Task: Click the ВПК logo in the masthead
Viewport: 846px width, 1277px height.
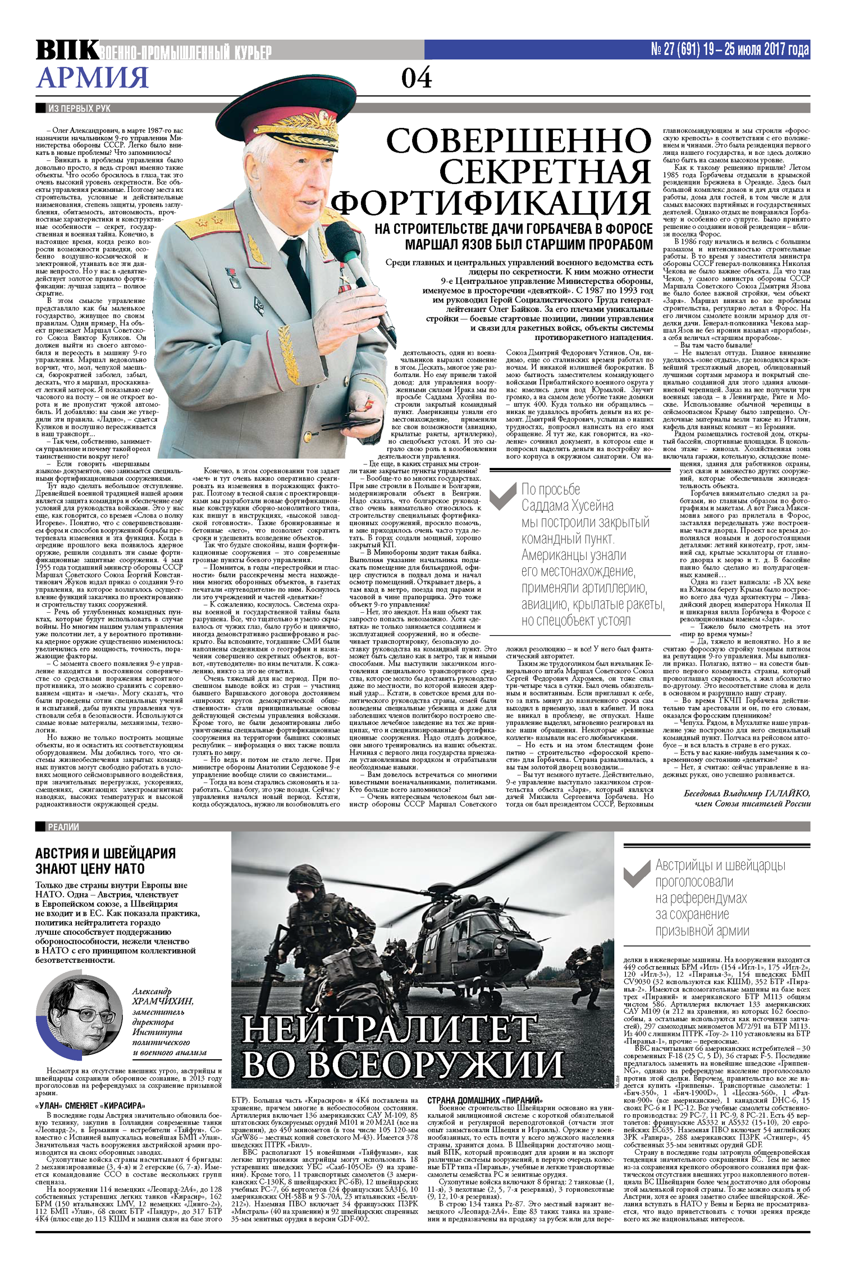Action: click(66, 50)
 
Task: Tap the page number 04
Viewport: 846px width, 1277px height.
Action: click(416, 77)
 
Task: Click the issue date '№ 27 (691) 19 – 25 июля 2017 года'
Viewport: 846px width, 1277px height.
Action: click(729, 49)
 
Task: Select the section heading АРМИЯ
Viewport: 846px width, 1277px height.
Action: click(92, 77)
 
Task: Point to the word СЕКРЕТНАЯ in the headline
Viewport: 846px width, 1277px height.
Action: click(544, 172)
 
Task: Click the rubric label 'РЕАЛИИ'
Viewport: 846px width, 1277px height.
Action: click(63, 826)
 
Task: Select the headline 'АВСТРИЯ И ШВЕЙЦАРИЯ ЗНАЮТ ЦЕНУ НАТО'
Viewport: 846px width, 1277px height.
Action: click(106, 861)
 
